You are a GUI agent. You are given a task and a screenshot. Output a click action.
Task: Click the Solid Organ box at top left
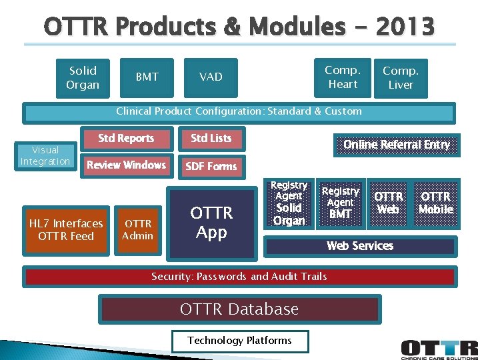coord(83,77)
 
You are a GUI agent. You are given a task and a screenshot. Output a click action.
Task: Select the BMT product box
coord(147,77)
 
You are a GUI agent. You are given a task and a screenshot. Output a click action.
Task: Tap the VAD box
coord(211,77)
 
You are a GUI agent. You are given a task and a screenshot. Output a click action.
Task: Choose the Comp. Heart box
coord(343,77)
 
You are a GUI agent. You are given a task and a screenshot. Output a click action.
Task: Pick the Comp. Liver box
coord(401,77)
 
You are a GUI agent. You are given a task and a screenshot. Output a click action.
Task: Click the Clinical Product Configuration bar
coord(239,112)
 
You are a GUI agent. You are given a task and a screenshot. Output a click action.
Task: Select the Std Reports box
coord(126,139)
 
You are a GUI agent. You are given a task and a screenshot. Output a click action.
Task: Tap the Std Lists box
coord(211,139)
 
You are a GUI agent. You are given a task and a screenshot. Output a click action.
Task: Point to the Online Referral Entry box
coord(396,145)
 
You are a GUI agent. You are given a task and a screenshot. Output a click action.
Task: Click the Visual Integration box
coord(45,156)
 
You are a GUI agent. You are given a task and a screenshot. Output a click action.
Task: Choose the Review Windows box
coord(126,165)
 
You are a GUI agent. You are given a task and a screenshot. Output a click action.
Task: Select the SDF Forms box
coord(211,166)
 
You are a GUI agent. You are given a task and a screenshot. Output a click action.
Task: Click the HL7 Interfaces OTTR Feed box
coord(66,230)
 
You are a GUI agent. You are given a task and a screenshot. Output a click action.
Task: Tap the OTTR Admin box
coord(138,230)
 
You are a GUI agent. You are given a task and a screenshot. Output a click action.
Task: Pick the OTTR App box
coord(212,223)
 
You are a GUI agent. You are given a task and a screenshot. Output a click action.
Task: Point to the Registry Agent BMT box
coord(341,203)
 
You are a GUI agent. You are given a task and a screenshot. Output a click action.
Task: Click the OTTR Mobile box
coord(436,203)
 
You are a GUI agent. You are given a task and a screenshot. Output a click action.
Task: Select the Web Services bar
coord(360,246)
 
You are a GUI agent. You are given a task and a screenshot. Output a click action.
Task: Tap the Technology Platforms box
coord(239,341)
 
